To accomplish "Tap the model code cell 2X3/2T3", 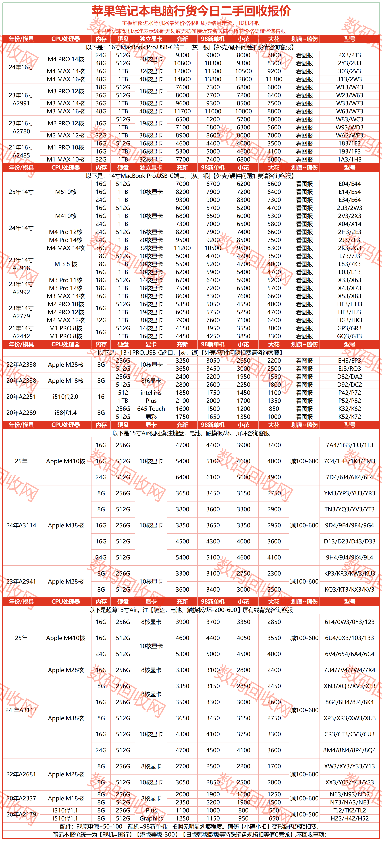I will pyautogui.click(x=349, y=55).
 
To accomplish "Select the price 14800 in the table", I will pyautogui.click(x=182, y=79).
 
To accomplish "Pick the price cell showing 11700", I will pyautogui.click(x=182, y=111).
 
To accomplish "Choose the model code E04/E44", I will pyautogui.click(x=349, y=184).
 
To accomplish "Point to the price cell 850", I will pyautogui.click(x=274, y=409).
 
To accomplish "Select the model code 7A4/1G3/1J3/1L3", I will pyautogui.click(x=349, y=445).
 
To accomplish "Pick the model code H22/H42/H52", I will pyautogui.click(x=349, y=818).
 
